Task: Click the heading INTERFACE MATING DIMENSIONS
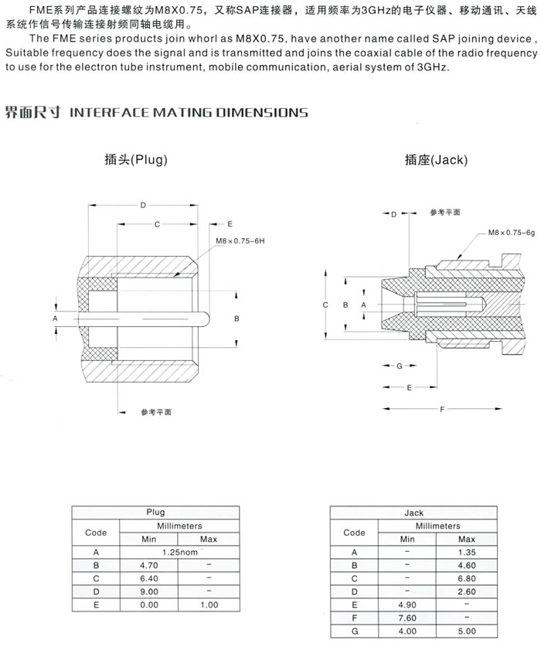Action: click(189, 113)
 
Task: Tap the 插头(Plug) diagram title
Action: click(136, 160)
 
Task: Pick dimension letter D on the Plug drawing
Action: click(143, 205)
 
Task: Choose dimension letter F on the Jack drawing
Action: click(441, 408)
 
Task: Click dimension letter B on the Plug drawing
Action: click(237, 318)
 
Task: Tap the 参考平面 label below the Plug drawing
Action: click(156, 412)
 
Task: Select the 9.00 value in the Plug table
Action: click(148, 591)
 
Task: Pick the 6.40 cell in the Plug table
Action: click(148, 578)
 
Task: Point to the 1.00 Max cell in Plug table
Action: click(209, 604)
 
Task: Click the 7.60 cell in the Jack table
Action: click(407, 618)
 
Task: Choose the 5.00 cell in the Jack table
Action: click(467, 631)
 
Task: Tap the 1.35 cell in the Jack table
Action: click(467, 552)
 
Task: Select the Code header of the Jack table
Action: click(354, 533)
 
